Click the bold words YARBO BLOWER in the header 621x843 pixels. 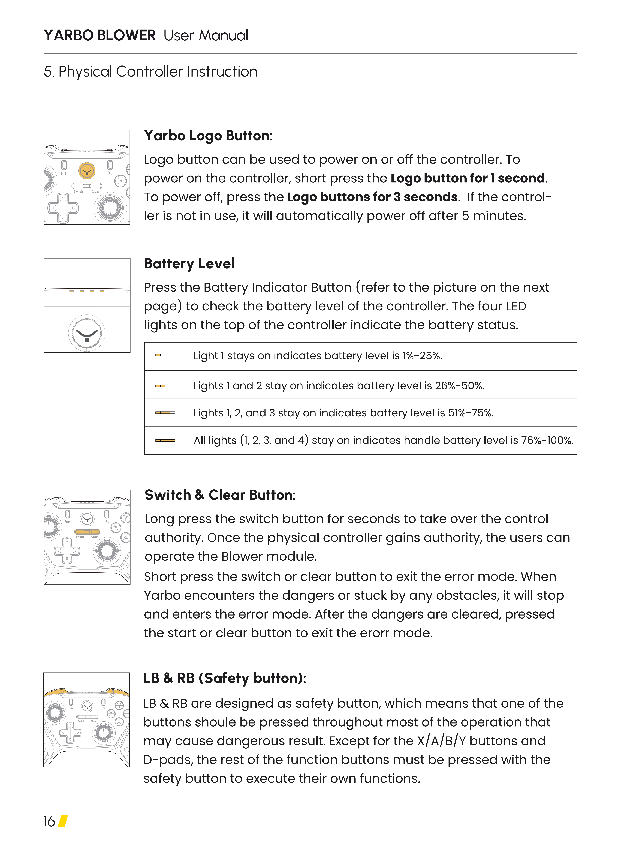pos(100,35)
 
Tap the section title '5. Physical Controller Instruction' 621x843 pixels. pos(150,71)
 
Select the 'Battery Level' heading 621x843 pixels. pos(189,264)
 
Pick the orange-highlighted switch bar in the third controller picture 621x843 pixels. pos(87,532)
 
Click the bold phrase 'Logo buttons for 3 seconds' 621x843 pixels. pos(372,197)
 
